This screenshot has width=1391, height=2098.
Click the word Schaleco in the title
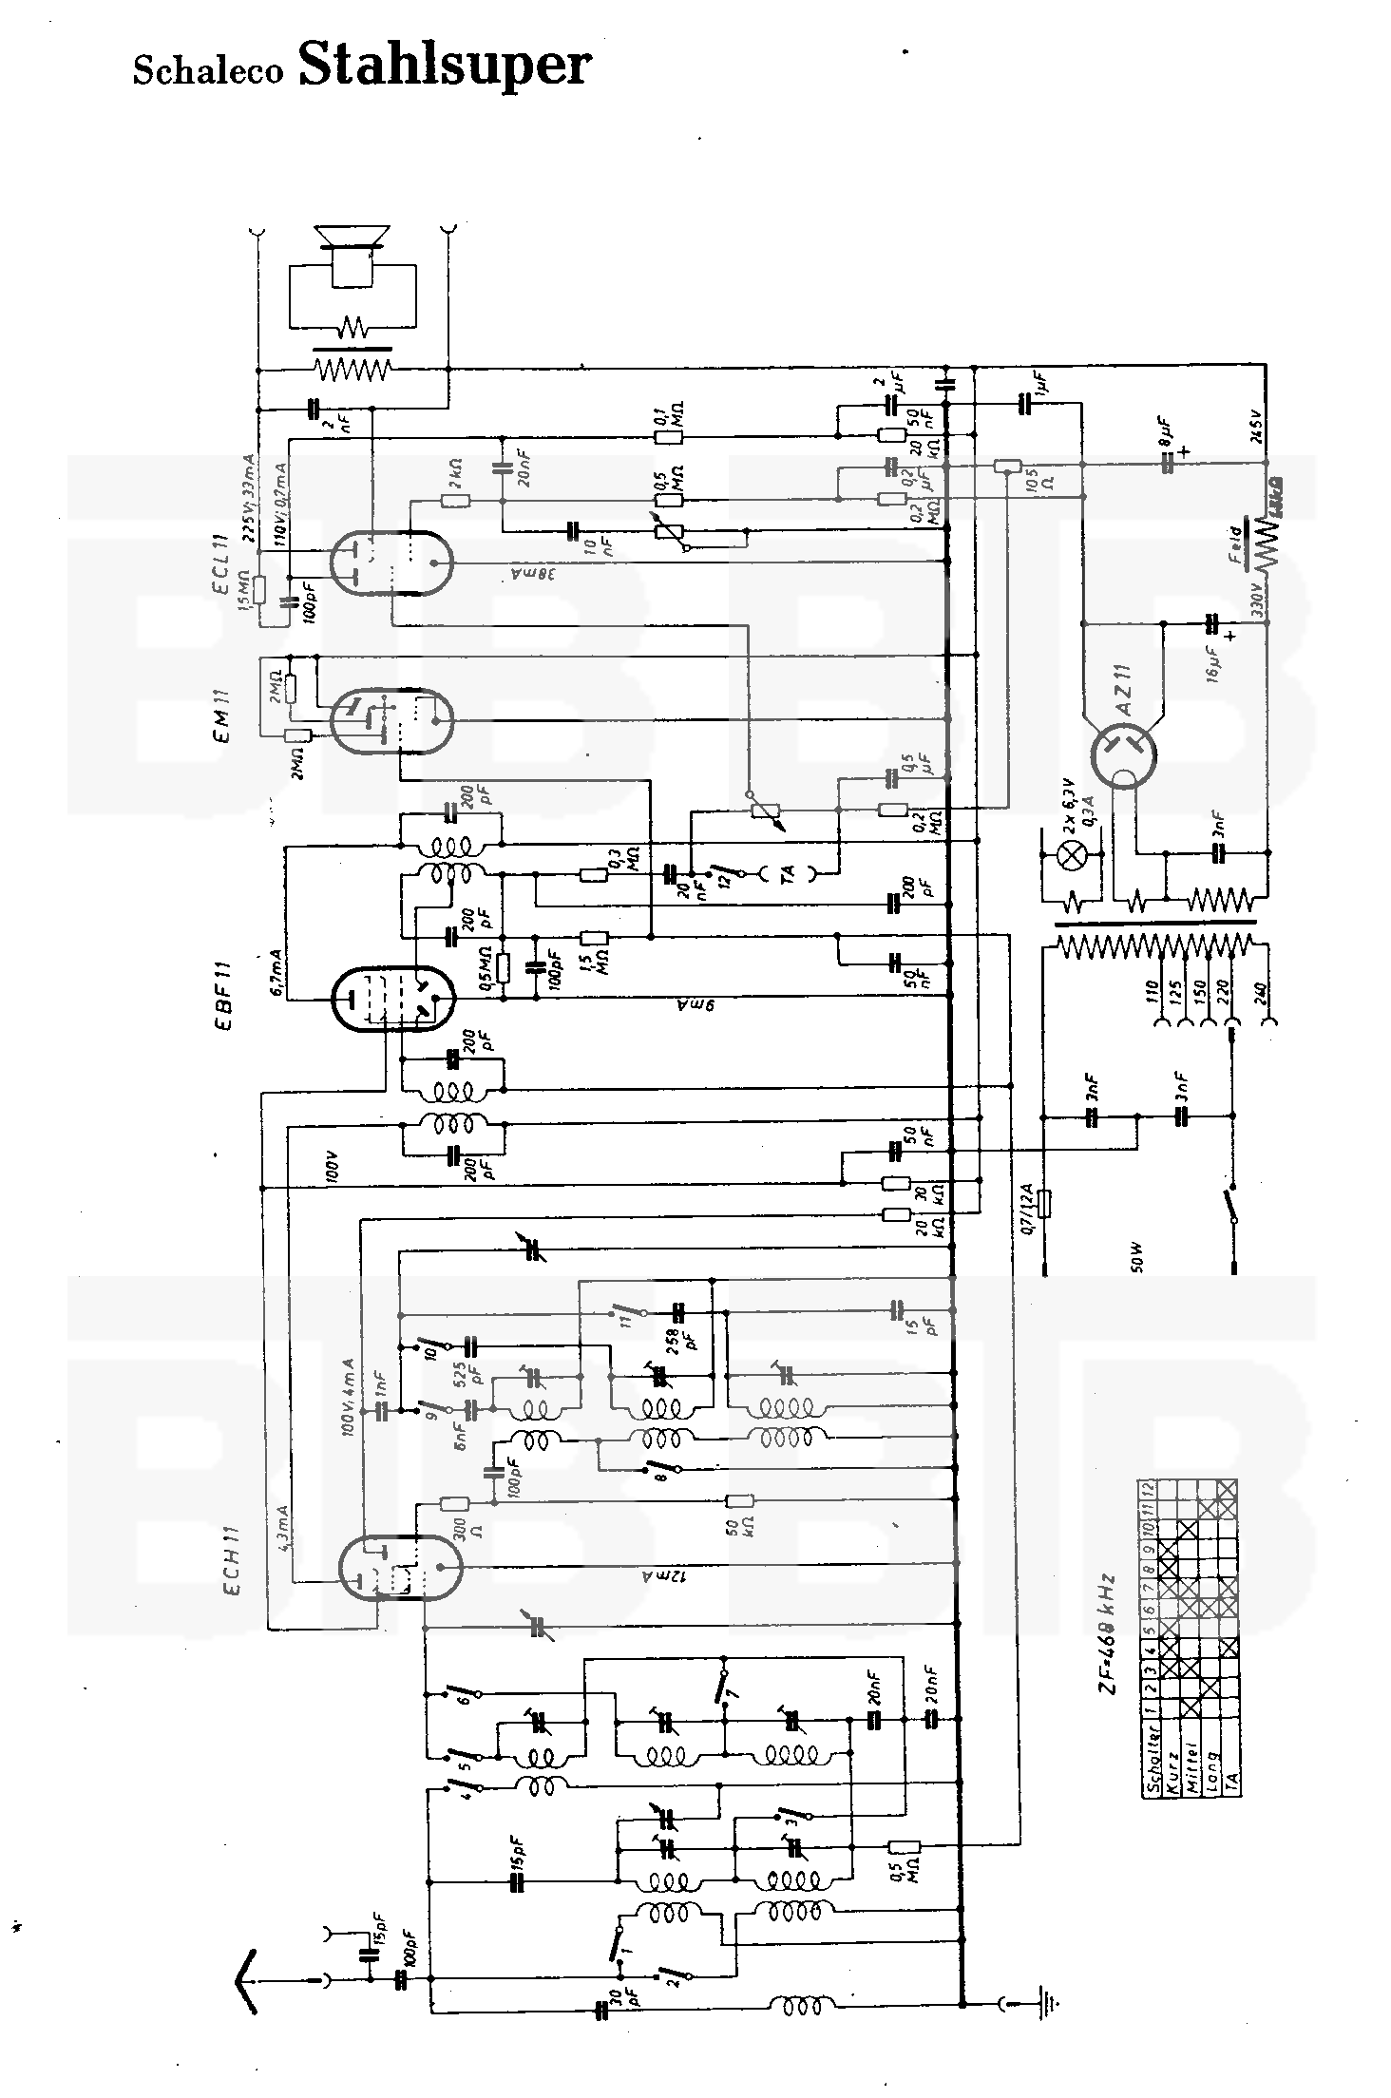208,71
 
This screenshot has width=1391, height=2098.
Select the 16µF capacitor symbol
1211,624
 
